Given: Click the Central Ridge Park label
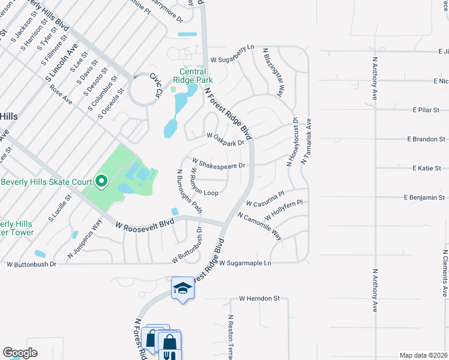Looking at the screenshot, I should point(193,76).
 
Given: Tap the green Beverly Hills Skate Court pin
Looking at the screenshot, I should point(101,181).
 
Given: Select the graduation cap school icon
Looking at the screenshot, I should point(182,289).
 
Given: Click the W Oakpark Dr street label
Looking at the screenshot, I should point(225,140).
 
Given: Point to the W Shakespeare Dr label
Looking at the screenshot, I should point(218,163).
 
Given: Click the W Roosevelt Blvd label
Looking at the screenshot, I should point(145,224).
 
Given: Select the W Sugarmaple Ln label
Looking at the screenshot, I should point(245,263).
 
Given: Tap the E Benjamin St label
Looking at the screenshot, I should point(424,197).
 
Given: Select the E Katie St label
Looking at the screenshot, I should point(426,169).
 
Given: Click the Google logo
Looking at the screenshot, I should point(20,353).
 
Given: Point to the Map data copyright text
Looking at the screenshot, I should point(423,355).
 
